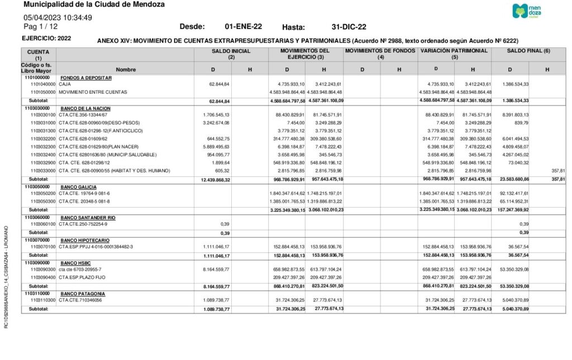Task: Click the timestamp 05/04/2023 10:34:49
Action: [x=58, y=17]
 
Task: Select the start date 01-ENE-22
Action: [x=243, y=26]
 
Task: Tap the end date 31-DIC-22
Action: [x=349, y=27]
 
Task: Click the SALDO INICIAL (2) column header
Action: [x=231, y=54]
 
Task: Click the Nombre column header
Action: [x=126, y=69]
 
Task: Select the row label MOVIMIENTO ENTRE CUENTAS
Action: [x=93, y=92]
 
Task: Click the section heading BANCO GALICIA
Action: [x=78, y=186]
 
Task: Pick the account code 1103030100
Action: [x=44, y=115]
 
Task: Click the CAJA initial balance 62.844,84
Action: [x=219, y=84]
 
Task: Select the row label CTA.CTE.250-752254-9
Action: [x=83, y=224]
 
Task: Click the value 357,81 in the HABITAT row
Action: [x=555, y=170]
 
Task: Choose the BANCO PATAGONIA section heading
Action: [x=81, y=293]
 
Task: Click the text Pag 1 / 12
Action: [x=41, y=26]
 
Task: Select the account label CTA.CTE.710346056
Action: [x=80, y=300]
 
